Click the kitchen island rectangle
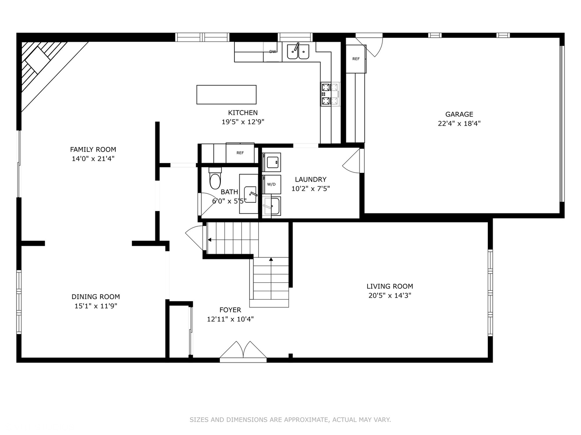pyautogui.click(x=226, y=95)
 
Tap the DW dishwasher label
pyautogui.click(x=273, y=52)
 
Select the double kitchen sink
pyautogui.click(x=298, y=51)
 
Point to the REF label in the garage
pyautogui.click(x=356, y=59)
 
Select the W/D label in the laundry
pyautogui.click(x=271, y=184)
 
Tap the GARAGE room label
pyautogui.click(x=459, y=114)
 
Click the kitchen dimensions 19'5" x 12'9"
pyautogui.click(x=243, y=122)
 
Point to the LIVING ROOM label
pyautogui.click(x=390, y=286)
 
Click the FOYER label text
pyautogui.click(x=230, y=310)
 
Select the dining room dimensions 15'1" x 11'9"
pyautogui.click(x=96, y=306)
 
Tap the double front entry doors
pyautogui.click(x=243, y=351)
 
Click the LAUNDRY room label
pyautogui.click(x=311, y=179)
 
